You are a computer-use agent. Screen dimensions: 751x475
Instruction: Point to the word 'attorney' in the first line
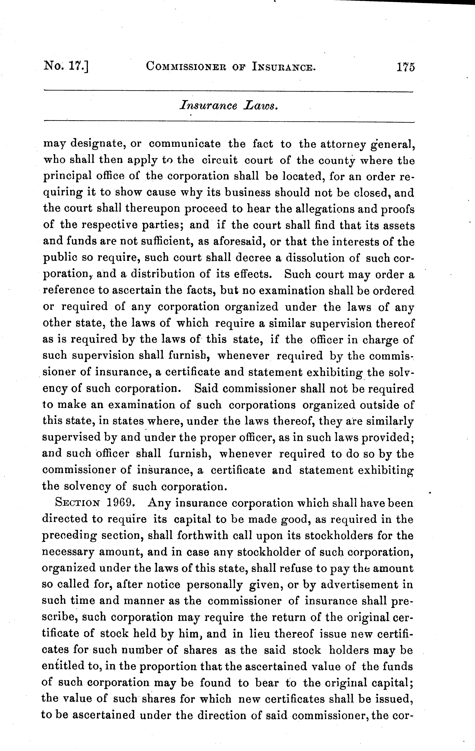coord(333,144)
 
